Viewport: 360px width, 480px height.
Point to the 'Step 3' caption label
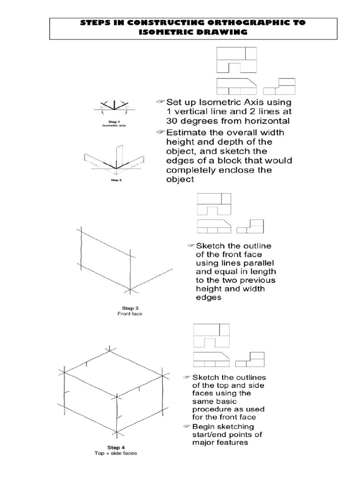point(129,308)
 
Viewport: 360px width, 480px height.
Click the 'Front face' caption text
point(129,314)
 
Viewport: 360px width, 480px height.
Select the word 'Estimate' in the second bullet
point(189,133)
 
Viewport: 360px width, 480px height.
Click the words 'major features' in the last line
point(220,442)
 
